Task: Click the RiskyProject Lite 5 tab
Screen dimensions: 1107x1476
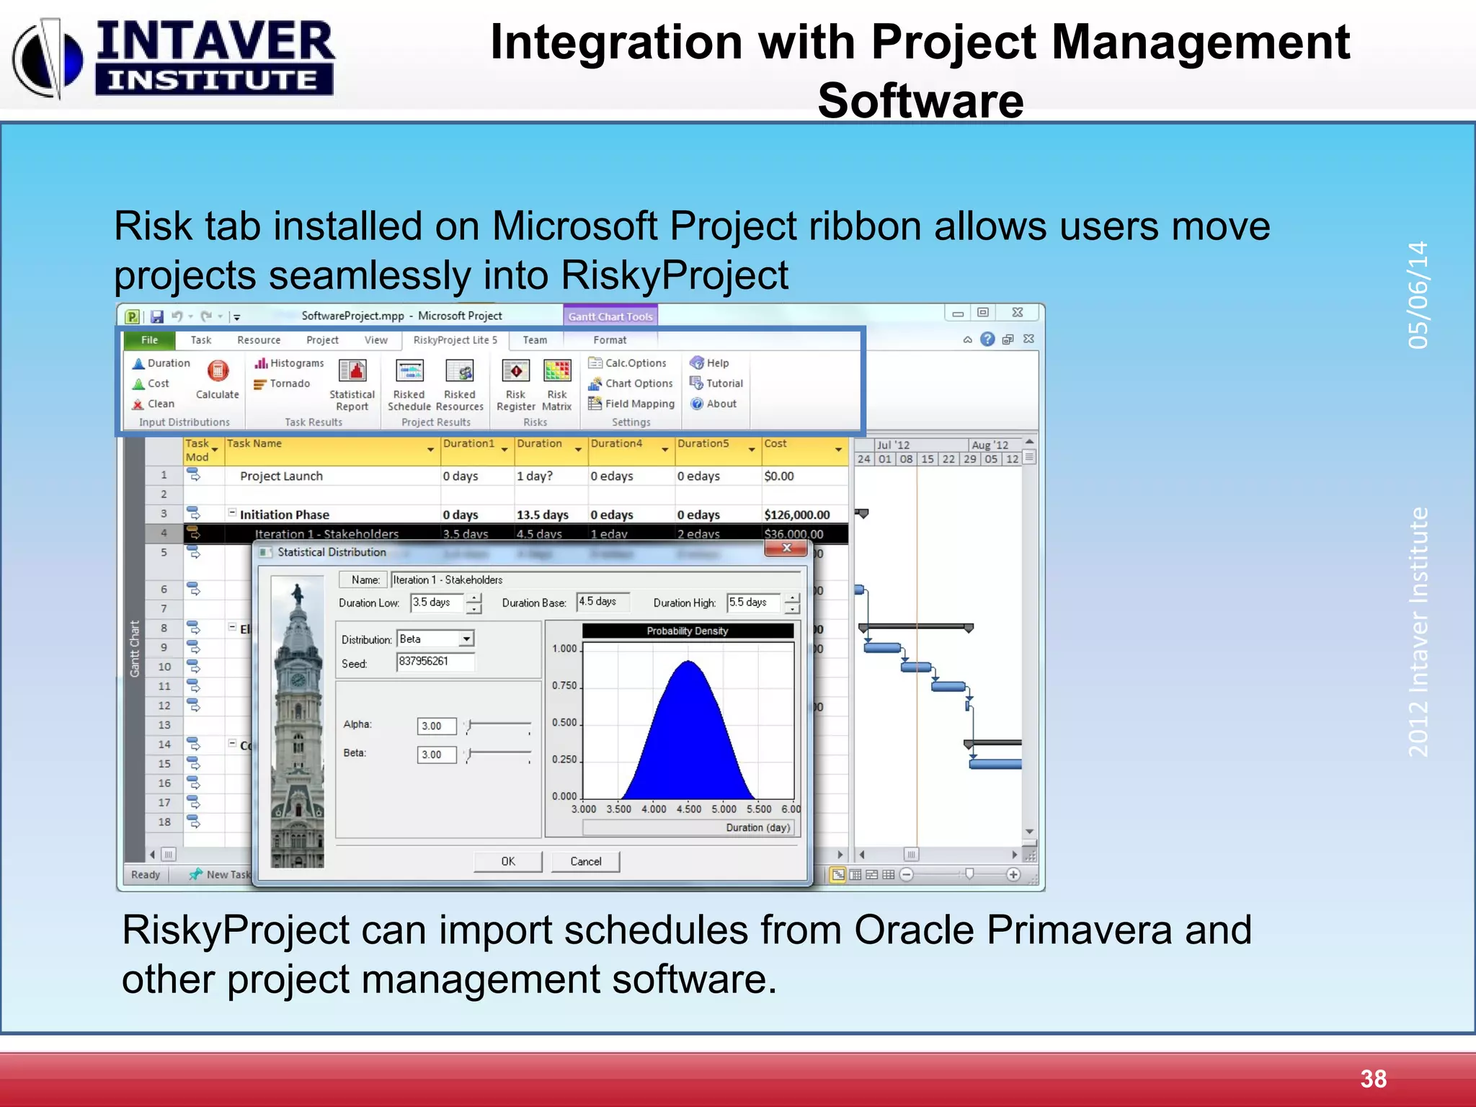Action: tap(455, 340)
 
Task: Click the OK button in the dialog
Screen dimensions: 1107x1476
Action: tap(507, 861)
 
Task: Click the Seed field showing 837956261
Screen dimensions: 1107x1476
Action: tap(435, 662)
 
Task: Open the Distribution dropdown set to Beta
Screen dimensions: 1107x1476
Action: tap(466, 639)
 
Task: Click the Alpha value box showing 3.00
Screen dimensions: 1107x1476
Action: tap(436, 726)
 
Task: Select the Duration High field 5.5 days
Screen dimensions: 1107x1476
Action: tap(752, 603)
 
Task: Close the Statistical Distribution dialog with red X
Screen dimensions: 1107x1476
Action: tap(786, 548)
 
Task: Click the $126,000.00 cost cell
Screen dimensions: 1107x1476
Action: tap(796, 515)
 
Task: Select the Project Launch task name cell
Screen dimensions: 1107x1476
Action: tap(282, 476)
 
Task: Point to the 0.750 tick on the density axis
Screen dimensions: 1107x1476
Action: tap(566, 685)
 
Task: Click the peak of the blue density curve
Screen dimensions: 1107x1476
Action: tap(688, 662)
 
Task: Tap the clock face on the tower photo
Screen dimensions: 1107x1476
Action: tap(298, 680)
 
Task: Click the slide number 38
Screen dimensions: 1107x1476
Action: tap(1373, 1079)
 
